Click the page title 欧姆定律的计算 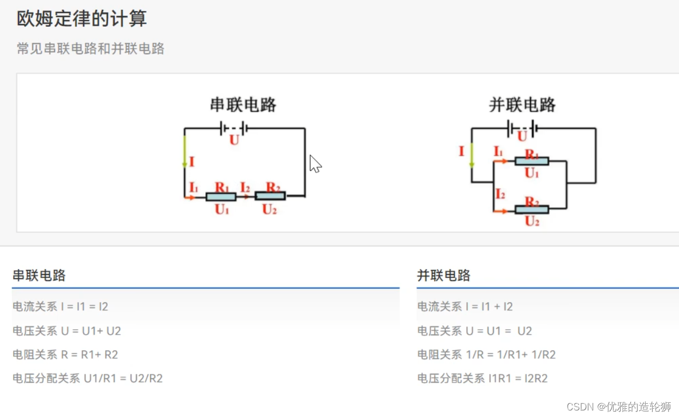click(82, 19)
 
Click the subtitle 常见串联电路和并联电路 click(91, 49)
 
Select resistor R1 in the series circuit click(221, 196)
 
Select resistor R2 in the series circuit click(270, 196)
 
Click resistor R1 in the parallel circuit click(532, 161)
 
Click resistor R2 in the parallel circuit click(532, 210)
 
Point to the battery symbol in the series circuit click(234, 129)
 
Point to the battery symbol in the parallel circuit click(522, 129)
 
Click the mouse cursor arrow click(315, 164)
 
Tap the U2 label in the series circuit click(270, 209)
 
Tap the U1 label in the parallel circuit click(532, 174)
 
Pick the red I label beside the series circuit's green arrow click(192, 162)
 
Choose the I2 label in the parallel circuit click(500, 194)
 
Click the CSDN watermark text click(618, 407)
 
